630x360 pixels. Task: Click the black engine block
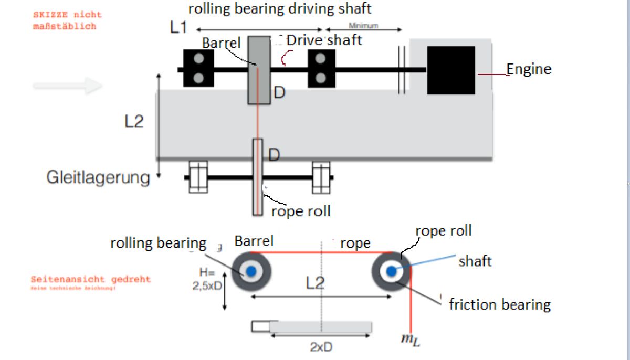[451, 70]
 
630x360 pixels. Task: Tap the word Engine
[529, 69]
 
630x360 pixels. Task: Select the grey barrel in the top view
[259, 70]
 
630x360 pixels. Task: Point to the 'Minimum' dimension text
[363, 26]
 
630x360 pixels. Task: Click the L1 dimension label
[178, 28]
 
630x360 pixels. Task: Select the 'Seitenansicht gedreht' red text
[90, 280]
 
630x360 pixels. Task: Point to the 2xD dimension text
[320, 347]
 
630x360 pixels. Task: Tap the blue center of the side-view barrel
[251, 271]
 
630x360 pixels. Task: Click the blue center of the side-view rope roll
[391, 271]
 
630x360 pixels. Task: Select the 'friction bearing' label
[499, 304]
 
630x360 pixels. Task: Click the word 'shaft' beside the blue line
[475, 261]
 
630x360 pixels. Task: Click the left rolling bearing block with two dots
[198, 68]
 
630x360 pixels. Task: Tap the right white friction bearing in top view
[321, 177]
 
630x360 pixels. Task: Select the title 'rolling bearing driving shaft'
[280, 8]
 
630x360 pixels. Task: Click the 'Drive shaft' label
[324, 40]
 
